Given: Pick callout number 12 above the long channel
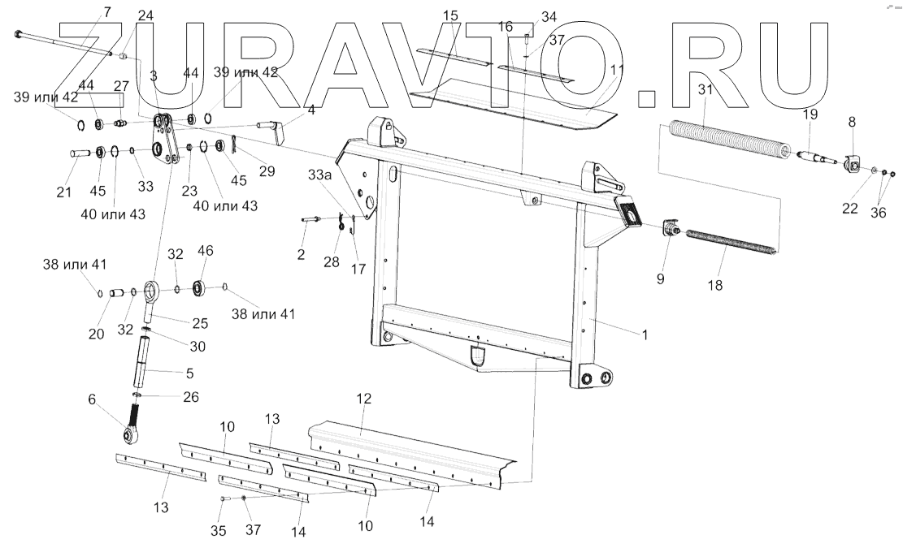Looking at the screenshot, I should [x=363, y=399].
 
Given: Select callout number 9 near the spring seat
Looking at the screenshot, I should [x=660, y=278].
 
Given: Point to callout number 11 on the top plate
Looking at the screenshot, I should [x=618, y=70].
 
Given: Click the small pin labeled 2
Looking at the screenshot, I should [x=309, y=218].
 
